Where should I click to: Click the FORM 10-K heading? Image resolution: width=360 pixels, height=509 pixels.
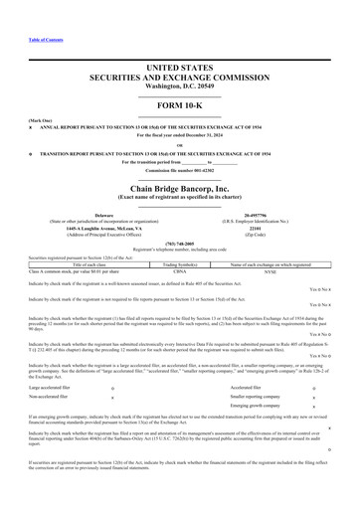click(179, 104)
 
